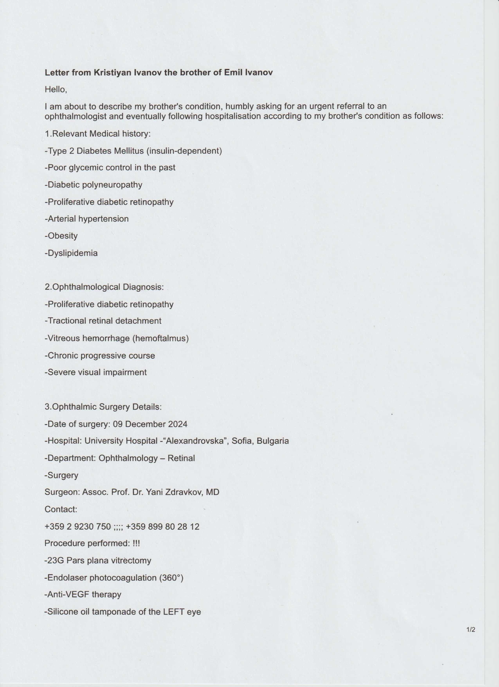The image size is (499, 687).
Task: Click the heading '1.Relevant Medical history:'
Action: click(x=97, y=134)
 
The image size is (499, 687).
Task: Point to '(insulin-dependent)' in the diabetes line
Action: click(x=184, y=151)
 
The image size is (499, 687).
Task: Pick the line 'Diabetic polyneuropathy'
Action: click(x=94, y=185)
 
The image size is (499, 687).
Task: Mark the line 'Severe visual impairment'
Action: click(x=96, y=372)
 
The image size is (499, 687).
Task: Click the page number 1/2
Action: click(x=471, y=630)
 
